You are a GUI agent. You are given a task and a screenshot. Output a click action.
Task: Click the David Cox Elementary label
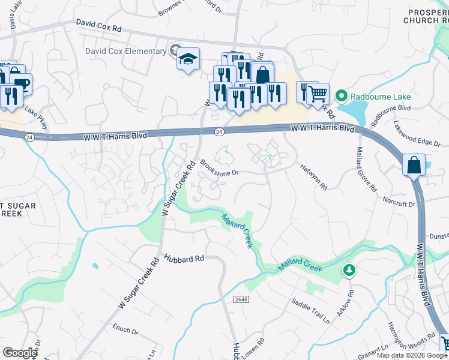coord(125,51)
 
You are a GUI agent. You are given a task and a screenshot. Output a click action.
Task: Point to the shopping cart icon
coord(318,93)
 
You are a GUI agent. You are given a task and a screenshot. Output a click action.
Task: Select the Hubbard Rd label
coord(184,257)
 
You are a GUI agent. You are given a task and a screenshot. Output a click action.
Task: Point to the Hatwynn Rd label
coord(314,178)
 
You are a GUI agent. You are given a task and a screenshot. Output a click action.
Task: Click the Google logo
coord(20,352)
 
